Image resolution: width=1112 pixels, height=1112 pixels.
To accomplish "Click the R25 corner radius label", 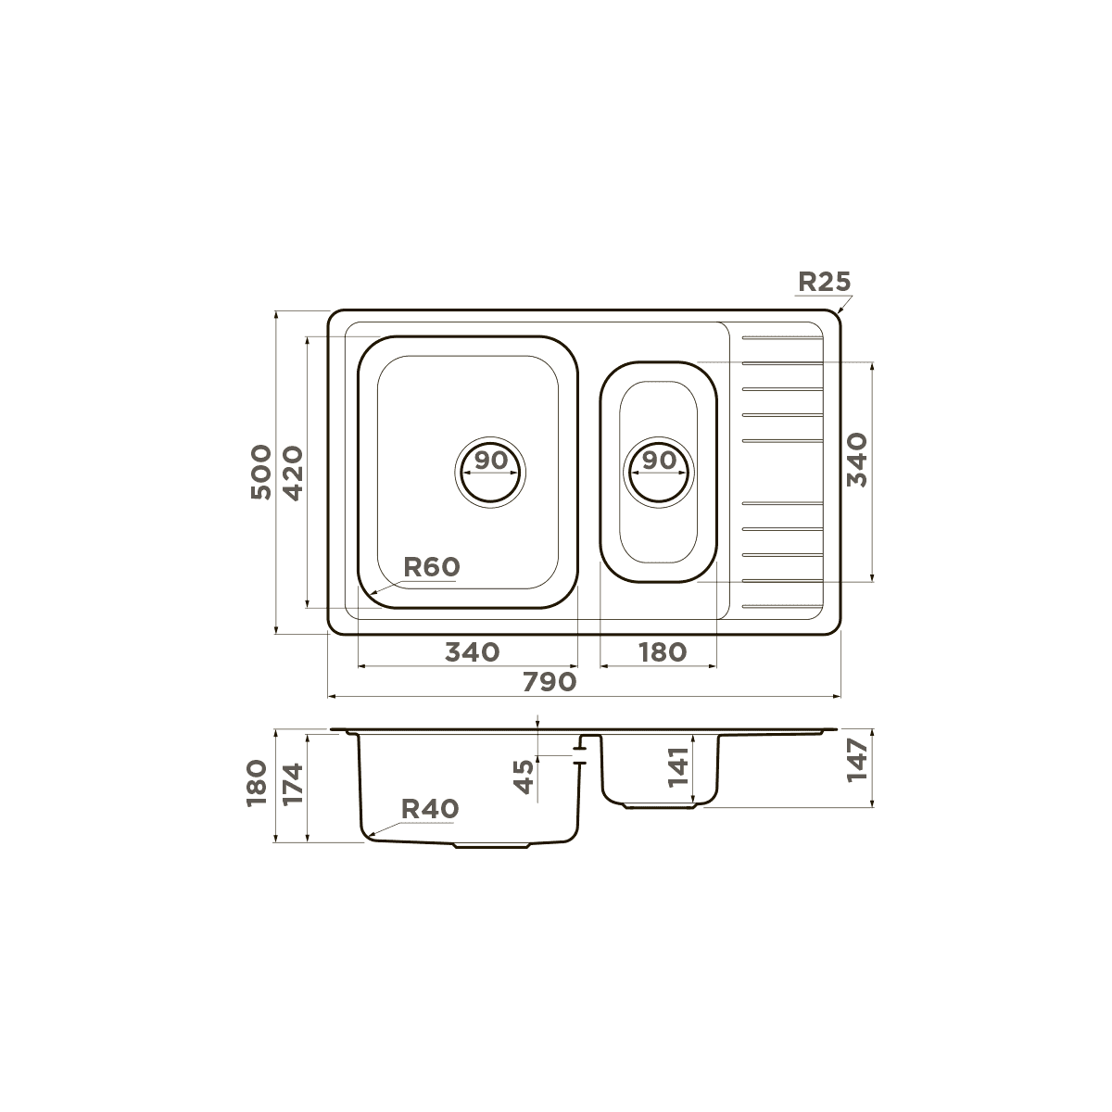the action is click(x=824, y=282).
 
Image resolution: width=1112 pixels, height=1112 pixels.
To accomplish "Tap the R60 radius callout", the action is click(x=431, y=567).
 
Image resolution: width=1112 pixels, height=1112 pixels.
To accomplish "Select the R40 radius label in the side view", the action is click(x=430, y=809).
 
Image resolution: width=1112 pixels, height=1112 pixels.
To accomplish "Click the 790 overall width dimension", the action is click(x=550, y=682).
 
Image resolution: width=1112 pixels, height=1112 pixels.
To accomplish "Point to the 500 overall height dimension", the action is click(x=260, y=472).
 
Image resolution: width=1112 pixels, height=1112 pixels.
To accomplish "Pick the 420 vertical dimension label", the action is click(x=293, y=474).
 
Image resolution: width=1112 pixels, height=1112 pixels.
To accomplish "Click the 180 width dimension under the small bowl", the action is click(x=663, y=652).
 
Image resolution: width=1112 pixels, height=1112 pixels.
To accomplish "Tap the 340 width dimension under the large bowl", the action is click(x=472, y=652).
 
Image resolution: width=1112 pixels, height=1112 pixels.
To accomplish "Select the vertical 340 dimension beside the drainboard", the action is click(x=857, y=460).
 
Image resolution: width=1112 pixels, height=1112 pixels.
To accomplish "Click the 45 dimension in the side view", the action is click(x=524, y=777).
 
